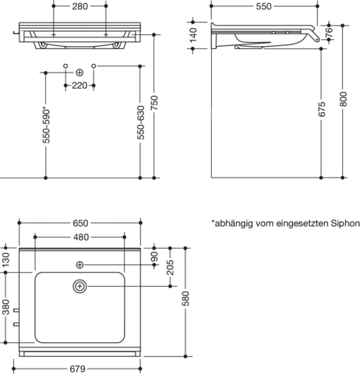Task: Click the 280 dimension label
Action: [79, 6]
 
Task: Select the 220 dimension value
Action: [79, 86]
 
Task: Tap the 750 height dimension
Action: [154, 103]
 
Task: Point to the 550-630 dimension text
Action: [140, 122]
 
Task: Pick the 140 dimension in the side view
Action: [193, 35]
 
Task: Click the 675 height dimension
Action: [322, 109]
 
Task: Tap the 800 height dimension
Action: [343, 99]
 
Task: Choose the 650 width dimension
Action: [80, 223]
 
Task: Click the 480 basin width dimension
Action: [81, 237]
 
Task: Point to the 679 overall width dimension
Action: [77, 369]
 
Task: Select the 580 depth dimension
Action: [185, 298]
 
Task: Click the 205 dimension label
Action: [171, 267]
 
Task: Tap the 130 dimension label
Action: [5, 259]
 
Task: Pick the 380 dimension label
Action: [5, 307]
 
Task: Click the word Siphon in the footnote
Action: [345, 224]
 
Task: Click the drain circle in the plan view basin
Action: [79, 286]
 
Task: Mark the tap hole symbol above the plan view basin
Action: [79, 265]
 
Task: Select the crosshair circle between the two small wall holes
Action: [79, 72]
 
